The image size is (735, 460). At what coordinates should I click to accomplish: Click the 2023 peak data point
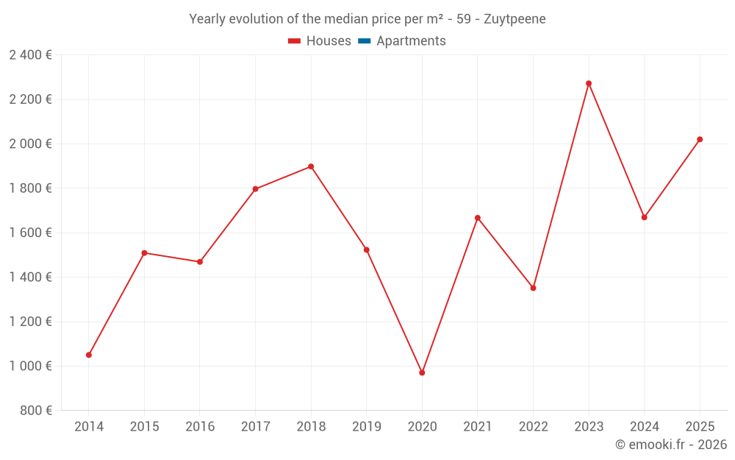589,83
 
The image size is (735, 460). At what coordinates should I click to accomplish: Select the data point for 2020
422,372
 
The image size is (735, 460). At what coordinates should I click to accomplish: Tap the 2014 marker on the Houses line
89,355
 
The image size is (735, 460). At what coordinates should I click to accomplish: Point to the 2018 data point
311,166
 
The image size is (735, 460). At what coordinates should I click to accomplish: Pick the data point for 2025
700,139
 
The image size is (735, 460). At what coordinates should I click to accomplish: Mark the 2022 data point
533,288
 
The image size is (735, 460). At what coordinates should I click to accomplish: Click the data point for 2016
200,261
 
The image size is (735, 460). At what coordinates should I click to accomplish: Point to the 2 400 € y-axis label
30,55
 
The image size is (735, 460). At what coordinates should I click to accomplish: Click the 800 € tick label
35,411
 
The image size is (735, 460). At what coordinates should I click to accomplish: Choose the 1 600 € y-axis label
30,233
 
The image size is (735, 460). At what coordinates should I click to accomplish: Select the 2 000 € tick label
30,144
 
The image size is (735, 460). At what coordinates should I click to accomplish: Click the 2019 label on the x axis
366,427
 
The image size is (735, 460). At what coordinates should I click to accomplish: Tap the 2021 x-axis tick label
478,427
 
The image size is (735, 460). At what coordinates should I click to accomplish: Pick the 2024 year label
644,427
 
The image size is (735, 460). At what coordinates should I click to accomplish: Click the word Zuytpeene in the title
514,19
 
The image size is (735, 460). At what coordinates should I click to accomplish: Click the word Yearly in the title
208,19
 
